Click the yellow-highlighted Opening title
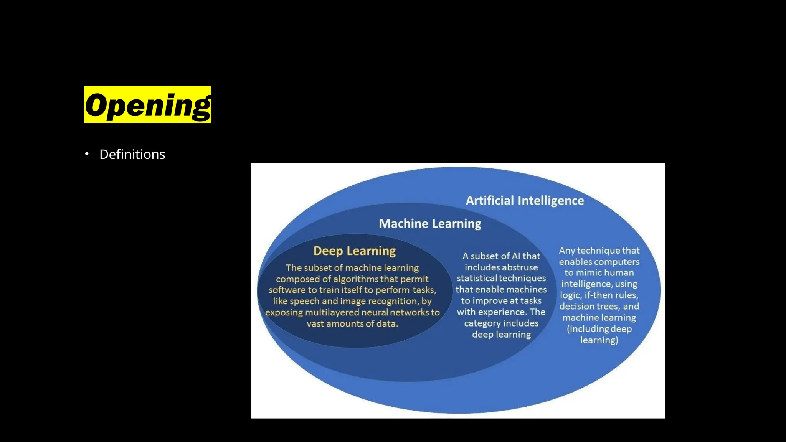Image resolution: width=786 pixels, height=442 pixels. pos(148,104)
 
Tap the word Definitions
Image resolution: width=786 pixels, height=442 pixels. pos(132,154)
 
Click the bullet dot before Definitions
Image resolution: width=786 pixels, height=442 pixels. pos(87,154)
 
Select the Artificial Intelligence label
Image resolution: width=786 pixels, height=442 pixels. pos(525,201)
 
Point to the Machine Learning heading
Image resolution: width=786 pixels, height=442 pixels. pos(430,224)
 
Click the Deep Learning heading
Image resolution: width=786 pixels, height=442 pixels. pos(355,251)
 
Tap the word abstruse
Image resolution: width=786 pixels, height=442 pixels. pos(520,267)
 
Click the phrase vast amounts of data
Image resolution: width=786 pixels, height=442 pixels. pos(352,324)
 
